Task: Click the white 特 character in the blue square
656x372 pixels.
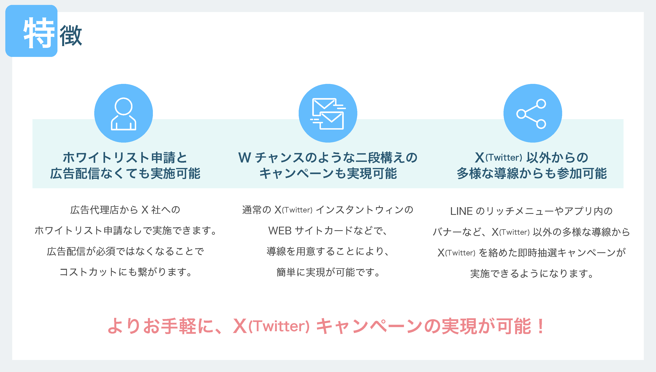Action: coord(39,33)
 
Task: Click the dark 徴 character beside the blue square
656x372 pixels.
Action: coord(71,35)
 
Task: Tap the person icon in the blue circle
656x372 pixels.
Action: coord(124,114)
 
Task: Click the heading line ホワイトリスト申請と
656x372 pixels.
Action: coord(125,157)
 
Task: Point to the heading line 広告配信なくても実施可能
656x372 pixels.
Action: coord(125,173)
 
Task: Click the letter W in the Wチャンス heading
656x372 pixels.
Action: coord(245,157)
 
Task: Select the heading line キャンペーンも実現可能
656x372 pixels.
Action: coord(328,173)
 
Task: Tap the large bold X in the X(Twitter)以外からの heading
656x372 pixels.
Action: coord(480,157)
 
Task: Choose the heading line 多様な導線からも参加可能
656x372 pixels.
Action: coord(532,173)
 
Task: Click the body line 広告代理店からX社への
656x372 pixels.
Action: coord(125,210)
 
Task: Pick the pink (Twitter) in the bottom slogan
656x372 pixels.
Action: coord(279,327)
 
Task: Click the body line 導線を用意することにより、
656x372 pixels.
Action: coord(328,251)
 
